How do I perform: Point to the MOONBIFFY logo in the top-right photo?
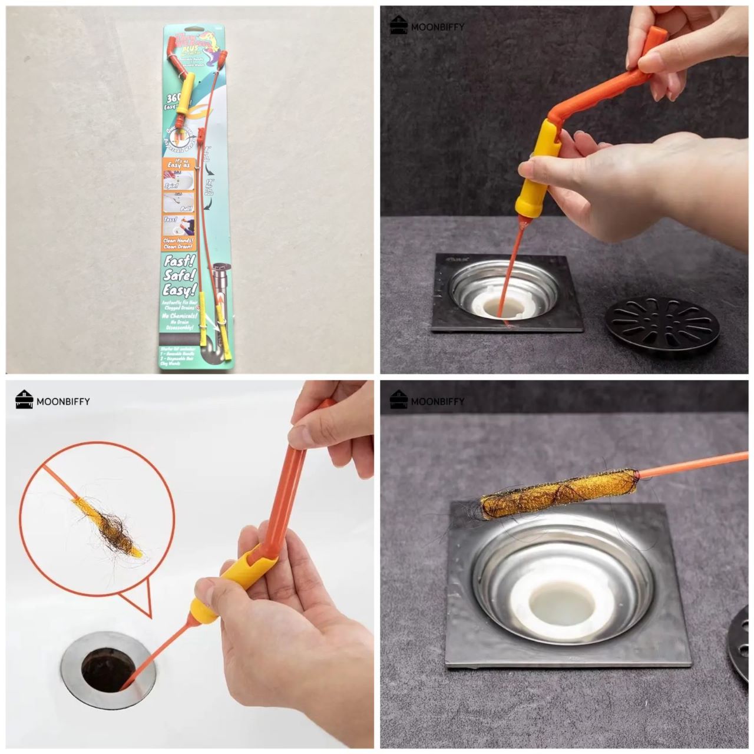pyautogui.click(x=427, y=26)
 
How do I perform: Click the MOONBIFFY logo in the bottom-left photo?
pyautogui.click(x=53, y=401)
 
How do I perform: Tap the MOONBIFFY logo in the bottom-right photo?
pyautogui.click(x=427, y=401)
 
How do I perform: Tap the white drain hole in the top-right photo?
pyautogui.click(x=505, y=306)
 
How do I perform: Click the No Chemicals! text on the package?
pyautogui.click(x=178, y=316)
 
